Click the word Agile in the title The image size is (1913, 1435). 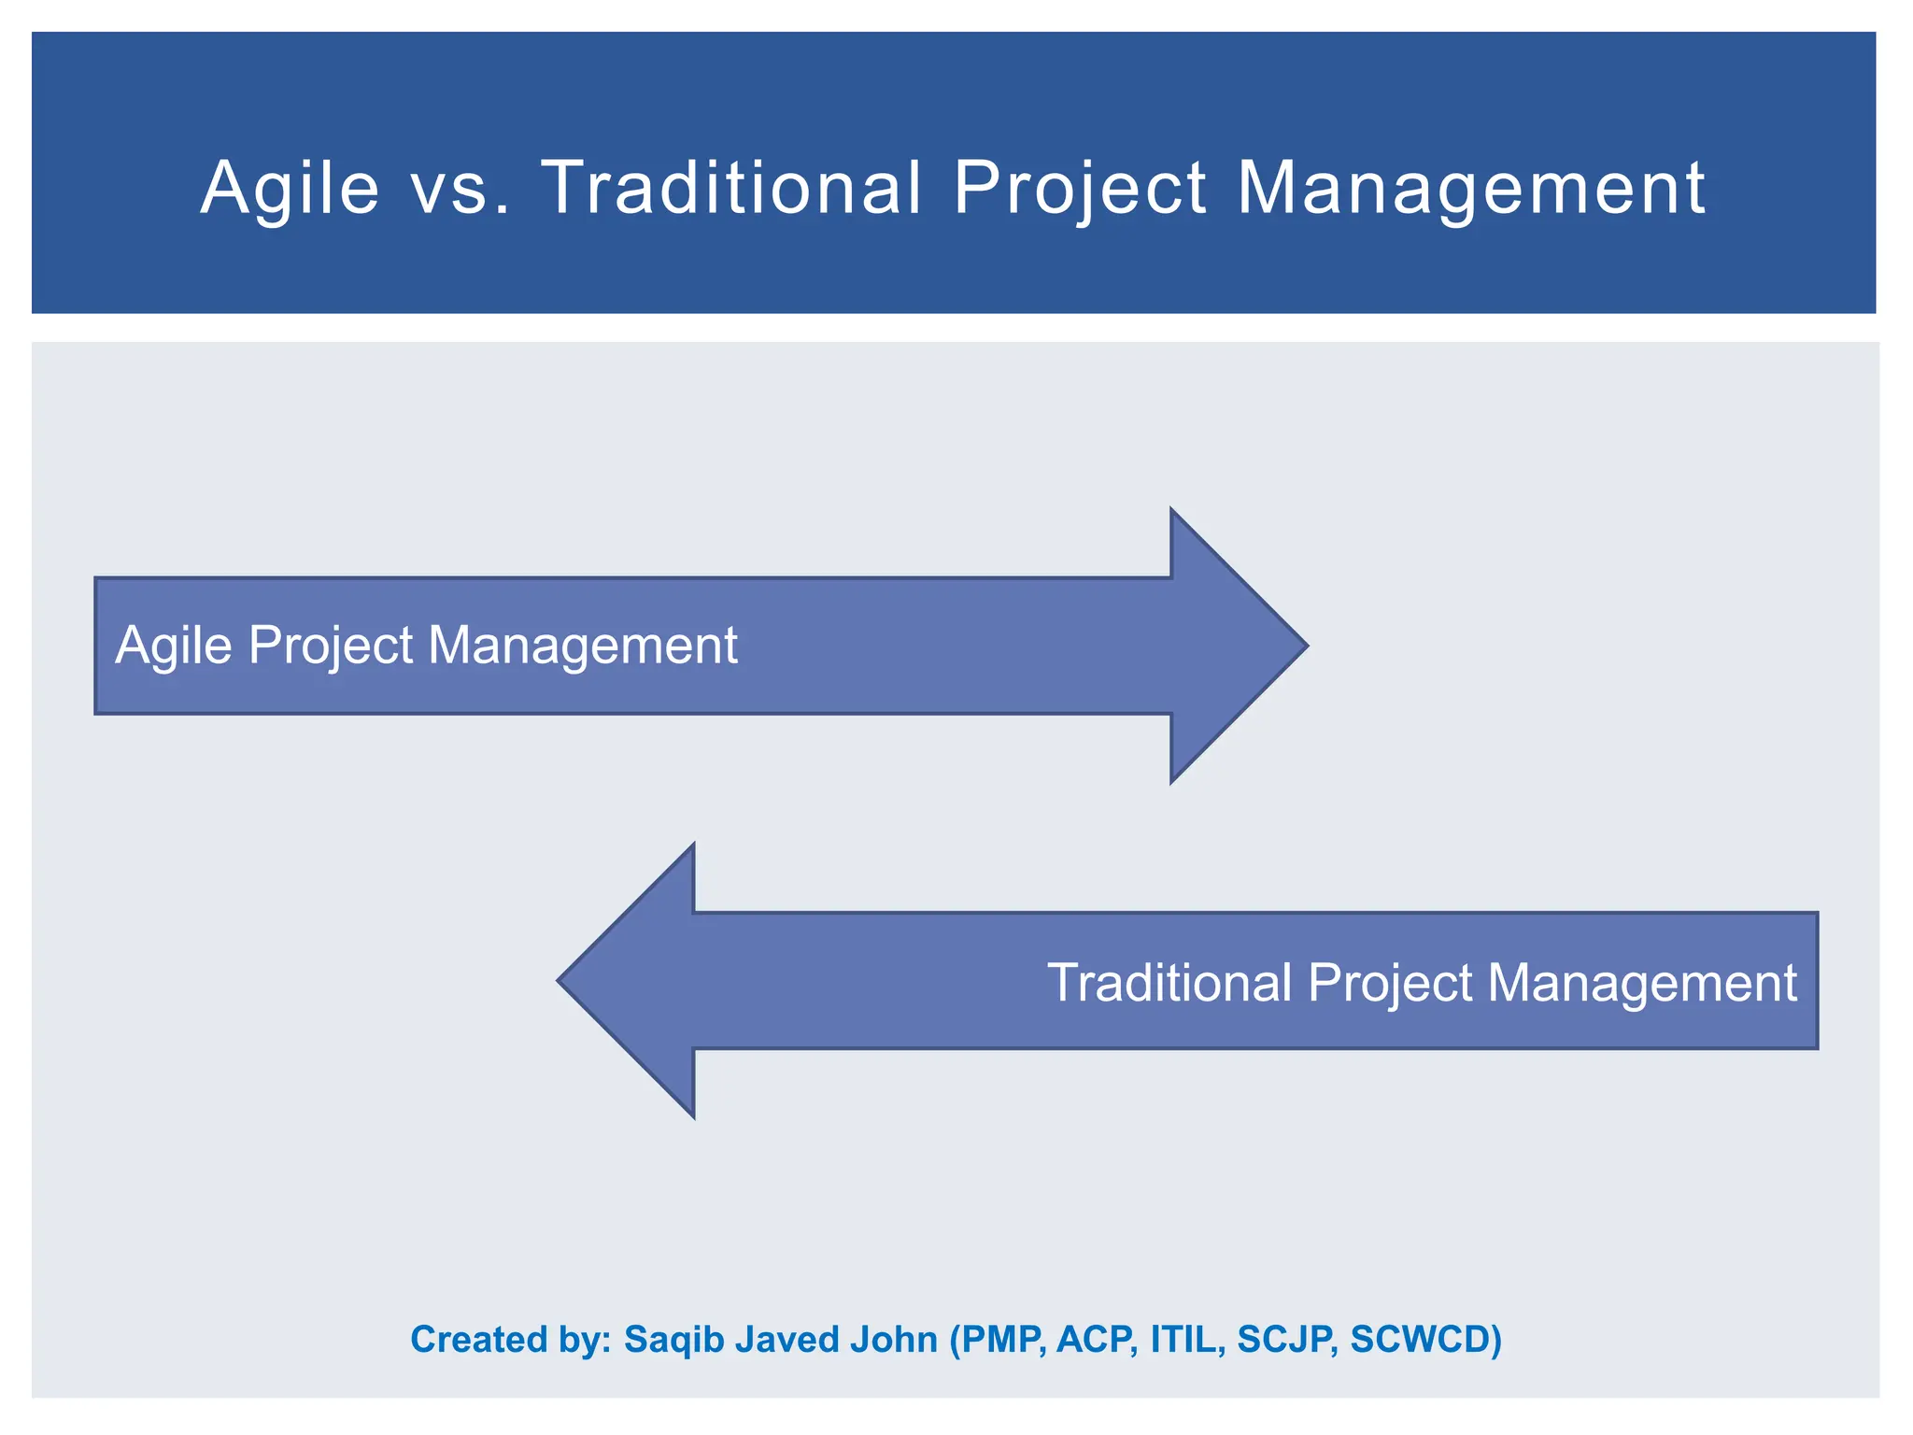coord(290,189)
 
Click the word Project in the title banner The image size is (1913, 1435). coord(1080,189)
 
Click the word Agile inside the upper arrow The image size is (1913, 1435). coord(173,646)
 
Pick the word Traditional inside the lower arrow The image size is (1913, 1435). coord(1169,983)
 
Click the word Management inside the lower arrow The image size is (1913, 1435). coord(1641,983)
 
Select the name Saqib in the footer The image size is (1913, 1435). coord(674,1340)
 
